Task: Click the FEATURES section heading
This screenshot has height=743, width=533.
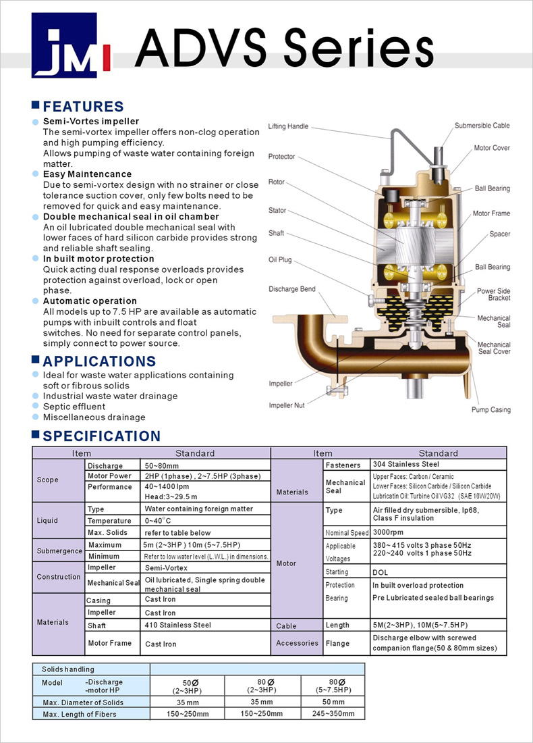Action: click(83, 107)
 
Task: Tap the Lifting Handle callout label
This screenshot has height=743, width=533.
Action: click(288, 126)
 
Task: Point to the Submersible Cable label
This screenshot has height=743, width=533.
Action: click(482, 126)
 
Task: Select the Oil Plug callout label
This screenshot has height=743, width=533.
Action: click(279, 259)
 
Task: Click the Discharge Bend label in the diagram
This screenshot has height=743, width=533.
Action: click(291, 289)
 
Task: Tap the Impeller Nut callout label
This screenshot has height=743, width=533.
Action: click(286, 405)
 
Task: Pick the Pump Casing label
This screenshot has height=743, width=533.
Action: click(490, 409)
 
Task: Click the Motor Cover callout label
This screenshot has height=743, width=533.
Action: click(491, 148)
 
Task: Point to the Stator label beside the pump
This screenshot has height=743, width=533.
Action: click(277, 210)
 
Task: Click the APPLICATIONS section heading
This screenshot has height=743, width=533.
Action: click(99, 361)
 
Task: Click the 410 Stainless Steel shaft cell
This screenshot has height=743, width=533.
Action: click(177, 625)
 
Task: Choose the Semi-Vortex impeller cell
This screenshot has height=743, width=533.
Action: click(166, 568)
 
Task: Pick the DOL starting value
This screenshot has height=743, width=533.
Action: click(380, 571)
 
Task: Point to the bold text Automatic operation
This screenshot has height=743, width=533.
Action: click(90, 301)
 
